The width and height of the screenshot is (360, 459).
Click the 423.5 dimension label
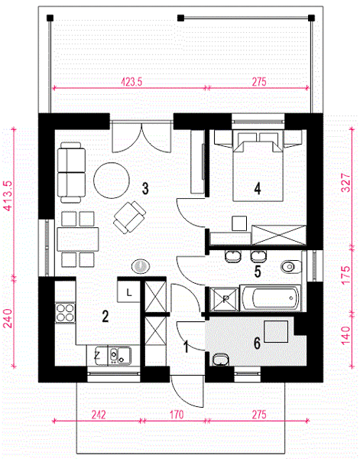click(131, 82)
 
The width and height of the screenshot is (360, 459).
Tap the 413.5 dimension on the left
click(8, 195)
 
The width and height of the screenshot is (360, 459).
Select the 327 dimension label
click(346, 182)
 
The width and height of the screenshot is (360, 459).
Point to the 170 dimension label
click(177, 415)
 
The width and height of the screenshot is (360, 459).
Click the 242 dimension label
click(99, 415)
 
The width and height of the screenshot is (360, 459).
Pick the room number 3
click(145, 188)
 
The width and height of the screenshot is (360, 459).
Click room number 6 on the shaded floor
click(257, 343)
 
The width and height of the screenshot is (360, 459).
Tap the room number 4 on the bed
click(258, 188)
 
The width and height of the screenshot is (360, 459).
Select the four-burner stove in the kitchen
click(65, 313)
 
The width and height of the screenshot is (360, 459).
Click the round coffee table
click(112, 181)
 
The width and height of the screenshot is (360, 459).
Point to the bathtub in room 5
click(269, 298)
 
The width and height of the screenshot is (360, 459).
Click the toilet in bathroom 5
click(291, 267)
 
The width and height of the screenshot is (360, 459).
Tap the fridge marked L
click(128, 291)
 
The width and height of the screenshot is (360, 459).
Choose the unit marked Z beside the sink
click(97, 356)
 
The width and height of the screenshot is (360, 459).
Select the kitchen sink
click(120, 356)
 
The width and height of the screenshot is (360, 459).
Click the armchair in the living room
click(129, 217)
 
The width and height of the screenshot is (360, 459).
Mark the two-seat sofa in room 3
click(71, 173)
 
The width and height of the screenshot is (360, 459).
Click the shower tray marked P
click(225, 299)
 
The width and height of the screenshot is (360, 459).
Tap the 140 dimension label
click(346, 335)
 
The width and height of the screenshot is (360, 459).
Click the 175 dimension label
click(346, 275)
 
